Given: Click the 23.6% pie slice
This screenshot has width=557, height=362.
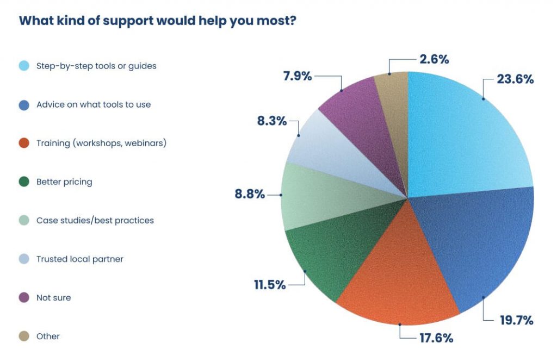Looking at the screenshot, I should [462, 136].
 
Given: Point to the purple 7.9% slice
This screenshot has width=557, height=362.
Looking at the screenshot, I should [359, 120].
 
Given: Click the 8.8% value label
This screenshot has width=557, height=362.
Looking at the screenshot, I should [250, 194].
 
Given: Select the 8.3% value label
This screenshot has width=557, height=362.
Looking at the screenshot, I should [272, 121].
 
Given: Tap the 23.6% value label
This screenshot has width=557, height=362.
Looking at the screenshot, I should [515, 79].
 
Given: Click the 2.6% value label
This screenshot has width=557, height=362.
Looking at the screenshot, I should [434, 60].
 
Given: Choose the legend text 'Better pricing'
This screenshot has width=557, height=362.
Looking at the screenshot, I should [64, 182].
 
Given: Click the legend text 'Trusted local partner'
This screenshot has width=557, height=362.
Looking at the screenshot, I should [80, 259].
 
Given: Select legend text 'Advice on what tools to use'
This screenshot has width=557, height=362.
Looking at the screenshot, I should [94, 104].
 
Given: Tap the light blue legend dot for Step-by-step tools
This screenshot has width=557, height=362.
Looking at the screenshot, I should [23, 66].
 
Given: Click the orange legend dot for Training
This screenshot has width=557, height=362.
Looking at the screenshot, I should [23, 143].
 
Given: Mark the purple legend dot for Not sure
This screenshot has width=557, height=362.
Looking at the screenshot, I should [23, 298].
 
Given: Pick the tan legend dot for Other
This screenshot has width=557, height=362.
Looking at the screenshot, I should [23, 336].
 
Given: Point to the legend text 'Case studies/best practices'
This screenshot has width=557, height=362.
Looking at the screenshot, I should [95, 221].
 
